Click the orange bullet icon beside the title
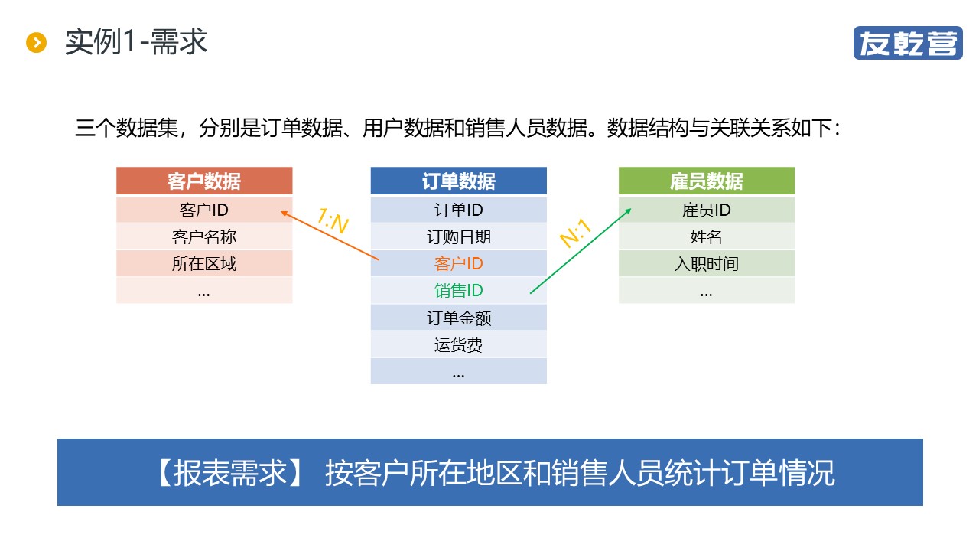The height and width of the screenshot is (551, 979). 36,42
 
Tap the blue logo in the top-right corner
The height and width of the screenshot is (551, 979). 908,43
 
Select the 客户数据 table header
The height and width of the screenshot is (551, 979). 204,181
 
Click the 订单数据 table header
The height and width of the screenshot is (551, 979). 458,181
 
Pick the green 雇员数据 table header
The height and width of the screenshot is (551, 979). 707,181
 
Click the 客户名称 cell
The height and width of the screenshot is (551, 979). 204,237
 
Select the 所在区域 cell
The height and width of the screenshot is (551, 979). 204,264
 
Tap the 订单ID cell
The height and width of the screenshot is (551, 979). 458,210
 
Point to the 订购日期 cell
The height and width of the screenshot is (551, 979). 458,237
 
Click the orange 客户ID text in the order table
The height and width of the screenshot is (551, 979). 458,264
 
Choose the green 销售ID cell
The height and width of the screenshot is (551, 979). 458,291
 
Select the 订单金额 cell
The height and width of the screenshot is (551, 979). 458,318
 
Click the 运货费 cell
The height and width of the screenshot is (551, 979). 458,345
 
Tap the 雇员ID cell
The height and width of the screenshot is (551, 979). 707,210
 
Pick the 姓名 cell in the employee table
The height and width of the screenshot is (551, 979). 707,237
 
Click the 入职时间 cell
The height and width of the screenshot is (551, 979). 707,264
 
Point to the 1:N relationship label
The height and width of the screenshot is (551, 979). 333,221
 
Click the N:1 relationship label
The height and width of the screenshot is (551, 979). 576,233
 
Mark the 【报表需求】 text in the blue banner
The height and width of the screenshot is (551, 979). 229,473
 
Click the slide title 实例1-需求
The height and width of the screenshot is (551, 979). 136,42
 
